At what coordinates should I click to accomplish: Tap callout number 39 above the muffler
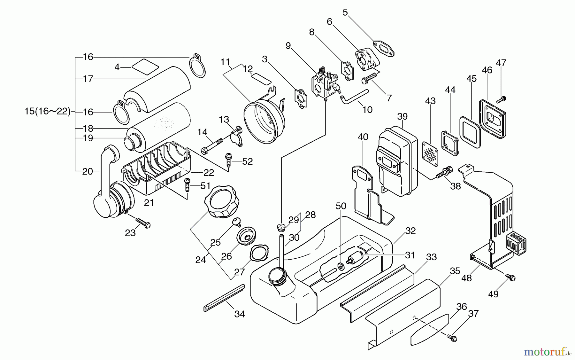click(402, 117)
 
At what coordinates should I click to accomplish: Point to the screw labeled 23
click(143, 223)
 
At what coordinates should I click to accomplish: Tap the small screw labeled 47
click(502, 100)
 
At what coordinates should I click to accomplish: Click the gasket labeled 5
click(383, 49)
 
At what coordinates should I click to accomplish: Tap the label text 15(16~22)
click(47, 112)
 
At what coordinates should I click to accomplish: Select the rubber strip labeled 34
click(224, 298)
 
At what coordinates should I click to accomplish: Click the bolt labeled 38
click(445, 173)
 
